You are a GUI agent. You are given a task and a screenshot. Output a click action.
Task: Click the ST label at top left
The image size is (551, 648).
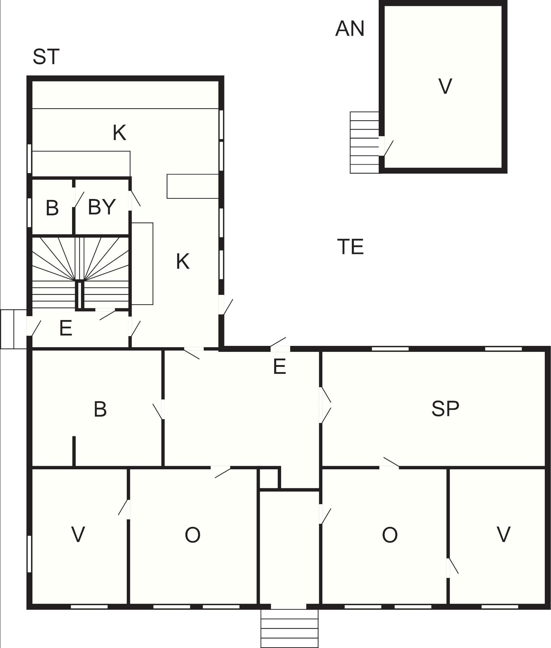click(46, 57)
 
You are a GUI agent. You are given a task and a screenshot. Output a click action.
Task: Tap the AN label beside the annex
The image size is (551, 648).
click(350, 28)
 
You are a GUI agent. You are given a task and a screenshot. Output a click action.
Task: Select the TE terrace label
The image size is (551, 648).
click(350, 247)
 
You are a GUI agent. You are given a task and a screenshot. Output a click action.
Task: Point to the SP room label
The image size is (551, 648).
click(445, 408)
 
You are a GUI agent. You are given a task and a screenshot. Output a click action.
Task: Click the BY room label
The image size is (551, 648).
click(102, 207)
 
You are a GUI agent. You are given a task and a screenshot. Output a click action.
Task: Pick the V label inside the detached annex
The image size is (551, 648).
click(445, 86)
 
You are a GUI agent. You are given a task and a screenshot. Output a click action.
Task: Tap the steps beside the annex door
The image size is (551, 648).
click(365, 142)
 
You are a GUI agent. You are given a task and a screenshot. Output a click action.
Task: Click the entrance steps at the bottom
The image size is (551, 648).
click(290, 628)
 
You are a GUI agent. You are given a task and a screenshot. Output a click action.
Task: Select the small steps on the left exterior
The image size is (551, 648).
click(13, 329)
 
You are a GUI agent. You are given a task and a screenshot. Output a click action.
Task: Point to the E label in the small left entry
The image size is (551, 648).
click(66, 328)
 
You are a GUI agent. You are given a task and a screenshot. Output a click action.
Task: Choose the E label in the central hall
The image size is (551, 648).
click(279, 366)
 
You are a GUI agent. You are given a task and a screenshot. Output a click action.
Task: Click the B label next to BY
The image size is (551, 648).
click(52, 208)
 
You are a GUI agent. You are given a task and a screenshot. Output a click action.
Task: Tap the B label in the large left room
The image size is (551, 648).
click(100, 409)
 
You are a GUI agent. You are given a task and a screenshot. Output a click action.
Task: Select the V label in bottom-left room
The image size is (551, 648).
click(78, 534)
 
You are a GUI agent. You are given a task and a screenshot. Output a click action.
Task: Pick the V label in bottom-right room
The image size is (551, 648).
click(503, 534)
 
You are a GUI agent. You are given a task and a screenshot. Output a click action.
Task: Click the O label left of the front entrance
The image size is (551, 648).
click(193, 535)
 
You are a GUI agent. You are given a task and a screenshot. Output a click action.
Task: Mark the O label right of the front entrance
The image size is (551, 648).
click(390, 535)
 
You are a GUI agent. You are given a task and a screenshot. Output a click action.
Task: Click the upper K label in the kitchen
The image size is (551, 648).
click(120, 133)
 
